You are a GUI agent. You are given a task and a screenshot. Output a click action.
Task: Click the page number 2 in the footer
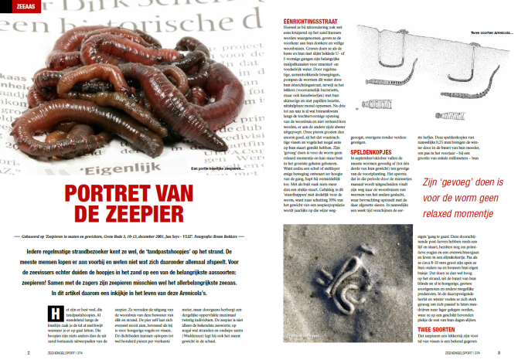click(29, 352)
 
